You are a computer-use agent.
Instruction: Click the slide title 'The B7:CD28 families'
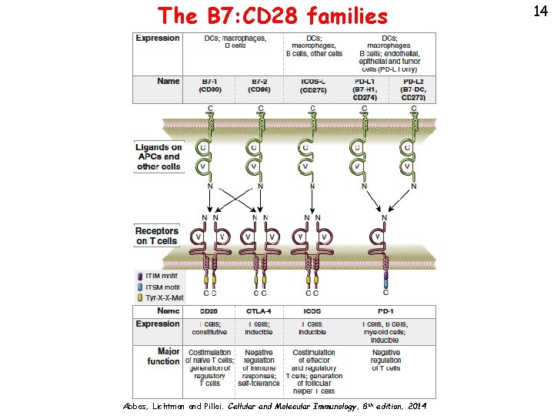(x=272, y=15)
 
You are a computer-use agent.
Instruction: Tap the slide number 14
(x=538, y=11)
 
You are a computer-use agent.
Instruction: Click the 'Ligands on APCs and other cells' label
(x=159, y=156)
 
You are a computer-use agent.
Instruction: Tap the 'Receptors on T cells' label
(x=157, y=236)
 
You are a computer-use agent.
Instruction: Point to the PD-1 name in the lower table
(x=385, y=311)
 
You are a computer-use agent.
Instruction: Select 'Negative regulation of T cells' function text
(x=385, y=360)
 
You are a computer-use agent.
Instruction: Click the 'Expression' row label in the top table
(x=158, y=38)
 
